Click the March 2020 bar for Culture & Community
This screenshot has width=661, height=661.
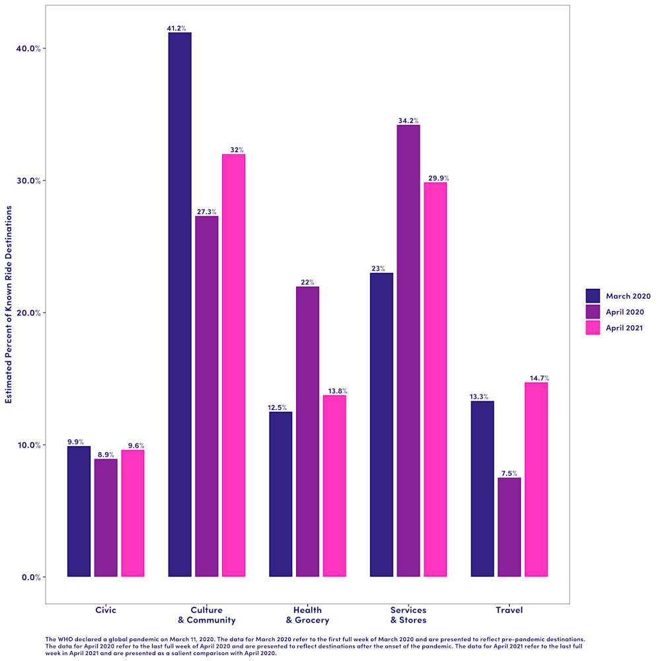(x=180, y=304)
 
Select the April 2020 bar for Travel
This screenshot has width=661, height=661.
(x=509, y=527)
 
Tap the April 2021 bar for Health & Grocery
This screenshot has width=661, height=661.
(x=334, y=486)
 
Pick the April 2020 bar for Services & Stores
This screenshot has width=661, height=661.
(x=408, y=350)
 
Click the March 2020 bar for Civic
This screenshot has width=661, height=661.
(x=79, y=511)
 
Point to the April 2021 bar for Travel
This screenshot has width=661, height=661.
(x=536, y=479)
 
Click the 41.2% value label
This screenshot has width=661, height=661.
(x=176, y=28)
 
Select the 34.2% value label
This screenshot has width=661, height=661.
(x=408, y=121)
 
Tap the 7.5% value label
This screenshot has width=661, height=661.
(x=510, y=473)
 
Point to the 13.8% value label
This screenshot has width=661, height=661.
(x=334, y=391)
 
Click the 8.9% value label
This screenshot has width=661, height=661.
(x=106, y=455)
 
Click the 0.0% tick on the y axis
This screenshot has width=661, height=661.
(x=30, y=577)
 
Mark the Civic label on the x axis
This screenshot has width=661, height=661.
(x=106, y=610)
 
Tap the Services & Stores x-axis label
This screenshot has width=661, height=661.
(x=408, y=615)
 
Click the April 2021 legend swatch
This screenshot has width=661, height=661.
(x=593, y=328)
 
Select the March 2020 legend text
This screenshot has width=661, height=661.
(x=628, y=296)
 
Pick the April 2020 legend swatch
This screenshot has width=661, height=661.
(x=593, y=312)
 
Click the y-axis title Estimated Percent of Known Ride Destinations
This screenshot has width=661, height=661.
(x=9, y=304)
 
